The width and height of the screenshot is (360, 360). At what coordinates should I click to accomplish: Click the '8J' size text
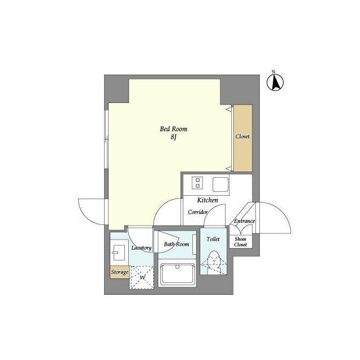coord(174,137)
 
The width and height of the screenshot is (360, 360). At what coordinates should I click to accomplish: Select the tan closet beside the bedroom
coord(242,138)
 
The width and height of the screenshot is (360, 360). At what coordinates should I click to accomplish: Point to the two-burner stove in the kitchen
coord(198,183)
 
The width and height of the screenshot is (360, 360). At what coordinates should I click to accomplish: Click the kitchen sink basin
coord(220,183)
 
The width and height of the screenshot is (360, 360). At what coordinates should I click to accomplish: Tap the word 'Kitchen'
coord(207,200)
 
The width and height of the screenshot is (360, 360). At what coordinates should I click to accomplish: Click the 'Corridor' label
coord(198,212)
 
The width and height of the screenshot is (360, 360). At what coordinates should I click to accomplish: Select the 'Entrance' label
coord(244,221)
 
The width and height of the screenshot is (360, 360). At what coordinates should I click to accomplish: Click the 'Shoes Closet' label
coord(240,241)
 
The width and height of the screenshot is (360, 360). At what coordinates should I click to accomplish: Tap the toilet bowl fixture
coord(214,262)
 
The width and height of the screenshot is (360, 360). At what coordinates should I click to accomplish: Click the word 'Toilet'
coord(213,240)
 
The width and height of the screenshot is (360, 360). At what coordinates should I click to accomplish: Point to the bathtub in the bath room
coord(177,274)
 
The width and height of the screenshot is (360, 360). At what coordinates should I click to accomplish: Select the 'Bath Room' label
coord(176,244)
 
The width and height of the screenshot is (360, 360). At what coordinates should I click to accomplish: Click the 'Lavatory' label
coord(141,247)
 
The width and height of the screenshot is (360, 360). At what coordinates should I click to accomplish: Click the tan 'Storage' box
coord(119,272)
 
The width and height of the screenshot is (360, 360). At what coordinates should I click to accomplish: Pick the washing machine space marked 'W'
coord(142,277)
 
